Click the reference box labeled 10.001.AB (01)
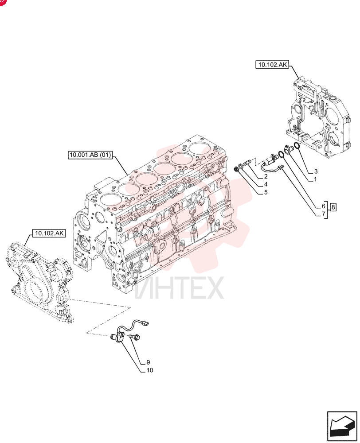pos(90,155)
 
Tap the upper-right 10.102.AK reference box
pos(272,65)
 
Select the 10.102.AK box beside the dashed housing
pos(49,233)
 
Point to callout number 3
pos(316,171)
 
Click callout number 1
pos(315,179)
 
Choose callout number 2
pos(266,177)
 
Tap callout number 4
pos(266,184)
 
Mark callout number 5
pos(266,192)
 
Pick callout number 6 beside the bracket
pos(324,206)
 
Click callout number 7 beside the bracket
pos(324,214)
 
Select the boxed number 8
pos(333,207)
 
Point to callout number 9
pos(148,362)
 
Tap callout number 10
pos(149,370)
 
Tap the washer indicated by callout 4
pos(240,167)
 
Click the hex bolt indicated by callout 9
pos(135,337)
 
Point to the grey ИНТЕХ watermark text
pos(179,288)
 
